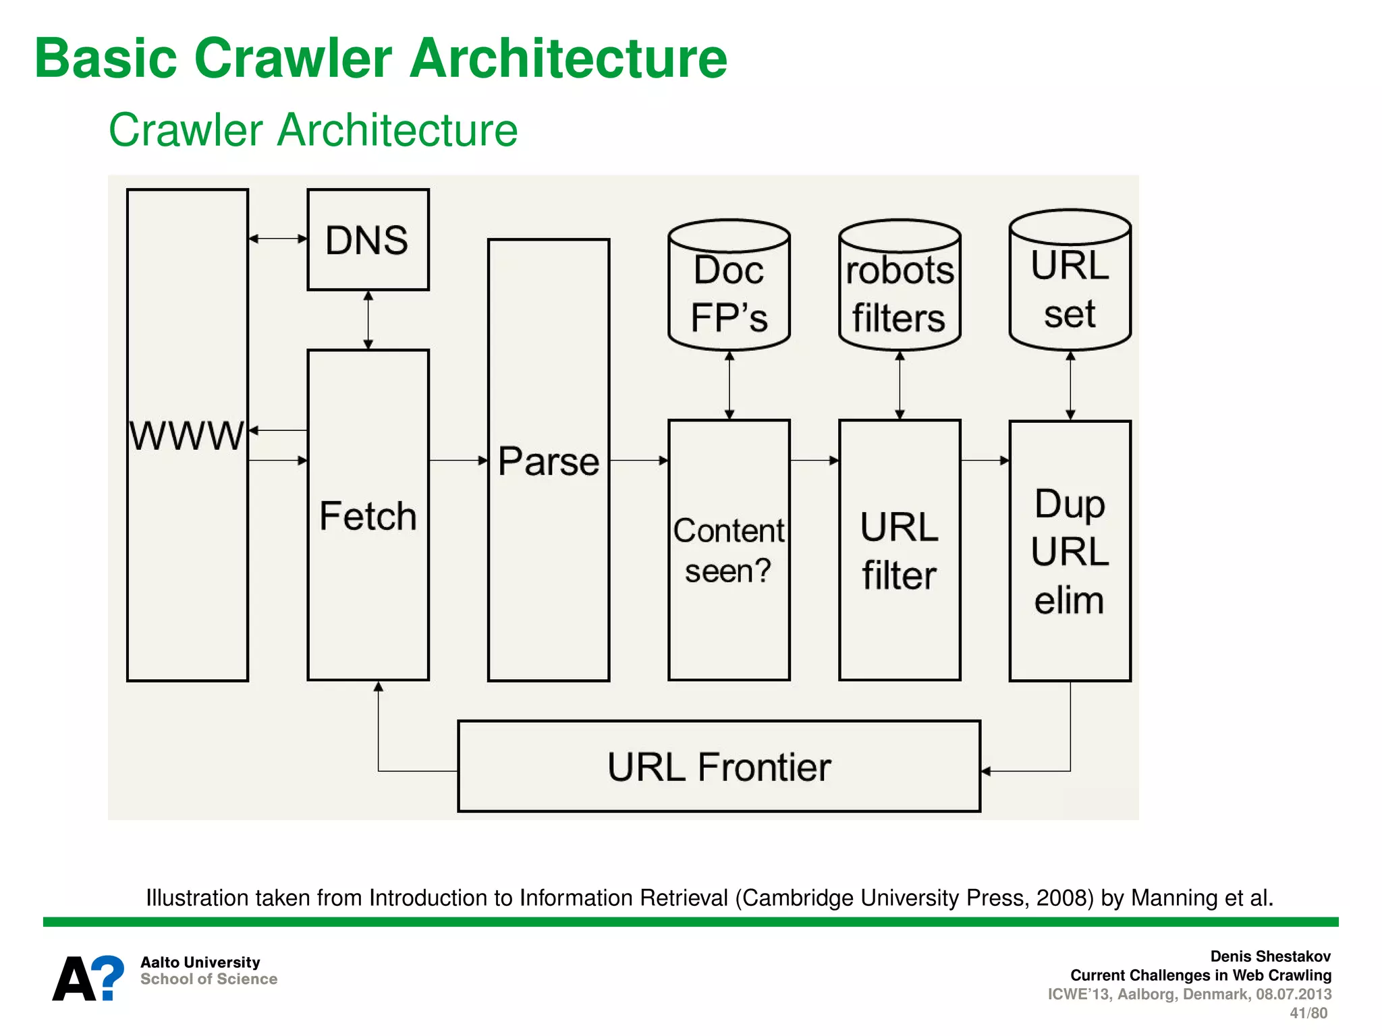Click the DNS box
coord(368,239)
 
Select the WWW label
coord(186,436)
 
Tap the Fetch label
coord(368,516)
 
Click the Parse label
coord(549,461)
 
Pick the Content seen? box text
coord(729,550)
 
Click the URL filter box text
coord(899,551)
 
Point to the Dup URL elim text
coord(1070,551)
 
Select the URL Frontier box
coord(719,766)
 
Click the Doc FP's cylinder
coord(729,287)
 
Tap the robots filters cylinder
coord(900,287)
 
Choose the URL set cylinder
coord(1070,282)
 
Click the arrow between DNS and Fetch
coord(368,320)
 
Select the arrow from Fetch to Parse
coord(458,461)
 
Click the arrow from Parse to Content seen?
coord(638,461)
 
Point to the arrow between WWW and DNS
coord(278,238)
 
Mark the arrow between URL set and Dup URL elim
coord(1070,385)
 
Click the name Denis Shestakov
coord(1270,956)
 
